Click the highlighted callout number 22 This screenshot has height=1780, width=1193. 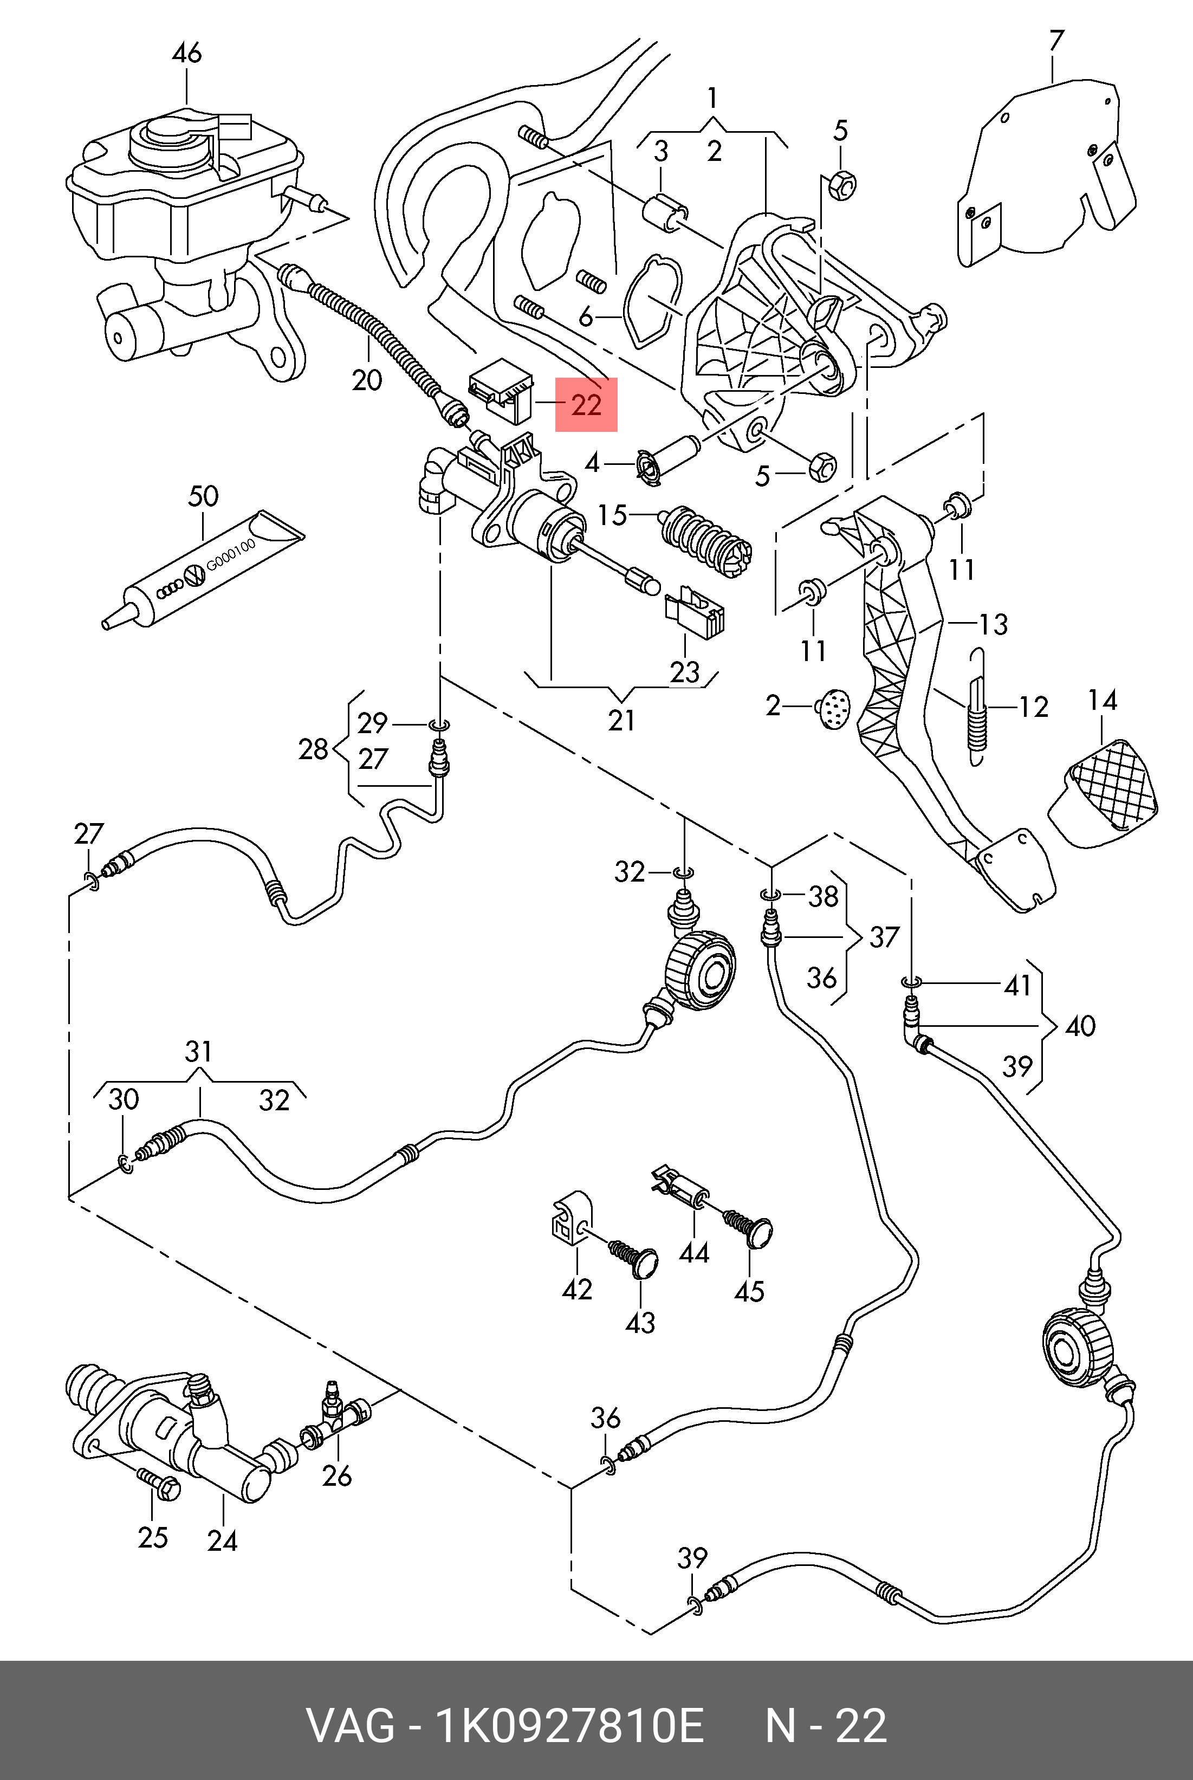click(586, 404)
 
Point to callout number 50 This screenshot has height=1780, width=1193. click(203, 496)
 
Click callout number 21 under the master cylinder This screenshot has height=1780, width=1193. click(621, 719)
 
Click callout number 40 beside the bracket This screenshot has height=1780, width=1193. click(1080, 1026)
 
